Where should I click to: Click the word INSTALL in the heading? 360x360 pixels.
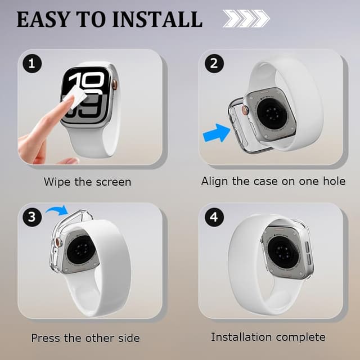pos(157,19)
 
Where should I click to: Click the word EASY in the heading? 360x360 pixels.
pos(43,19)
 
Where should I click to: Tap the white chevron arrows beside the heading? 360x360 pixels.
pos(246,19)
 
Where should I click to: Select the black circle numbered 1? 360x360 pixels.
pos(32,64)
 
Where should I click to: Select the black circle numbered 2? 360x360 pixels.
pos(214,64)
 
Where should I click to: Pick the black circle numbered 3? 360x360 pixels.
pos(32,217)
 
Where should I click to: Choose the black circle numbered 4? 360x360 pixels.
pos(214,217)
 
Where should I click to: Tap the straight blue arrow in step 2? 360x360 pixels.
pos(217,133)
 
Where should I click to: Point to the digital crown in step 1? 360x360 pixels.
pos(115,84)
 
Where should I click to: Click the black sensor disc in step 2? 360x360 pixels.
pos(272,114)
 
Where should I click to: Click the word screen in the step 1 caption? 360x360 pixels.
pos(114,182)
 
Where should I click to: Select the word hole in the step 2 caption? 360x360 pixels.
pos(334,181)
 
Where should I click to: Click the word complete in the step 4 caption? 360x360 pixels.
pos(300,337)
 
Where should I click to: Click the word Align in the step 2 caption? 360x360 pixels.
pos(215,181)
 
